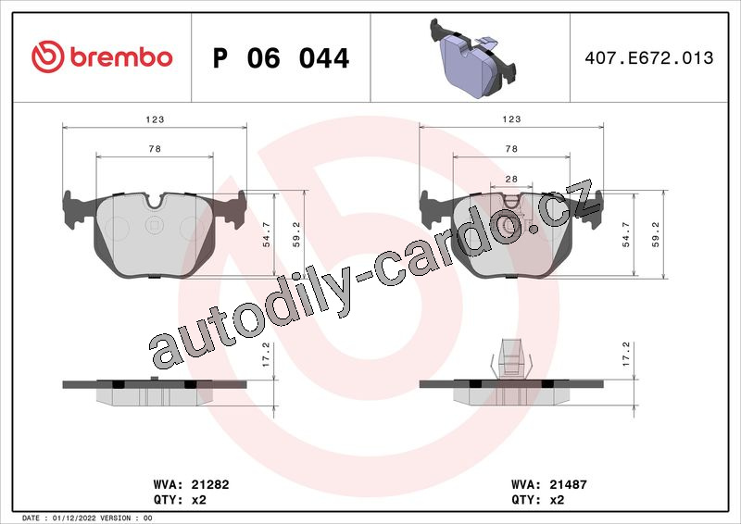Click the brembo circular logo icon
[x=48, y=56]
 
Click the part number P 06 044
[x=281, y=58]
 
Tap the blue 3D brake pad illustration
[x=472, y=58]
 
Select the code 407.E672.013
[x=649, y=57]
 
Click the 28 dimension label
[x=511, y=179]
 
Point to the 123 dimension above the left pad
[x=155, y=119]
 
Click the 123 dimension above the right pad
[x=511, y=119]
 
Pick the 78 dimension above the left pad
[x=155, y=149]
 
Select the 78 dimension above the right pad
[x=511, y=149]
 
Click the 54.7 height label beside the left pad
[x=267, y=235]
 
